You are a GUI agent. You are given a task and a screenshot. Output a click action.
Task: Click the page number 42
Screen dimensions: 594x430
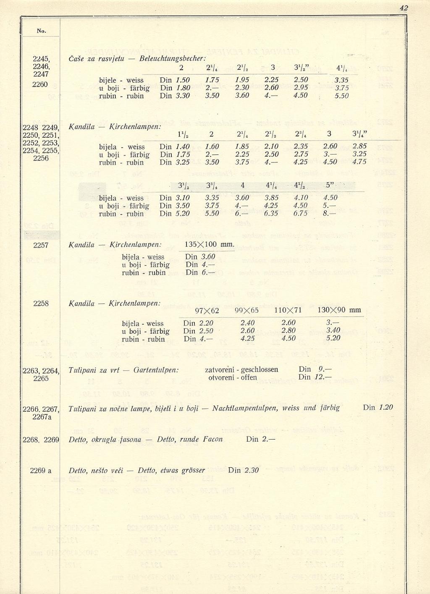pos(404,8)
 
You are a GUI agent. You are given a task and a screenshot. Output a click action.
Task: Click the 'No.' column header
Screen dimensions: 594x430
pos(41,31)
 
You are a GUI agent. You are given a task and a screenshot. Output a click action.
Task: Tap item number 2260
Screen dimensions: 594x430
pos(41,84)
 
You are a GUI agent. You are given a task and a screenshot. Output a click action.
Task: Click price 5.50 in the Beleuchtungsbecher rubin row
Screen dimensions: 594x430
pos(342,96)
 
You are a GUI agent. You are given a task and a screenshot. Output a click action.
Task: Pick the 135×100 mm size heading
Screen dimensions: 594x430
pos(209,244)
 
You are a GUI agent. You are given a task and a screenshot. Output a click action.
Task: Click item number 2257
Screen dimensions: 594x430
pos(41,245)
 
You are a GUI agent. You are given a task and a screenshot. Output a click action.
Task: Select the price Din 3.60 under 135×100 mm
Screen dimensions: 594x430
pos(200,257)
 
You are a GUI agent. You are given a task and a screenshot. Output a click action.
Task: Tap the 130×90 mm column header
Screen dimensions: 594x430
pos(339,310)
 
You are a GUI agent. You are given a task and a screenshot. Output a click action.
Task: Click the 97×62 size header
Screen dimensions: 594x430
pos(207,311)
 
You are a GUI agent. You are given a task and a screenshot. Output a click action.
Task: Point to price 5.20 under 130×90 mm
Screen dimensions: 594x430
pos(333,338)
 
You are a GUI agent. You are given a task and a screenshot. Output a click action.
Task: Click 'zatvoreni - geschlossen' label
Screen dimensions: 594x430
pos(241,369)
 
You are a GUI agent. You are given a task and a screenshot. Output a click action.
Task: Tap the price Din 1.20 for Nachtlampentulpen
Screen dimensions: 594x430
pos(378,407)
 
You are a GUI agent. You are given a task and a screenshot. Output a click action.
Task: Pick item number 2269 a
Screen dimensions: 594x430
pos(41,471)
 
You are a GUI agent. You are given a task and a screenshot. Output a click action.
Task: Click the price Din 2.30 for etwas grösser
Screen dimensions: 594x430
pos(244,470)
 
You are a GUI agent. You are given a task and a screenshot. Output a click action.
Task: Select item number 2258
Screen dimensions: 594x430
pos(41,303)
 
